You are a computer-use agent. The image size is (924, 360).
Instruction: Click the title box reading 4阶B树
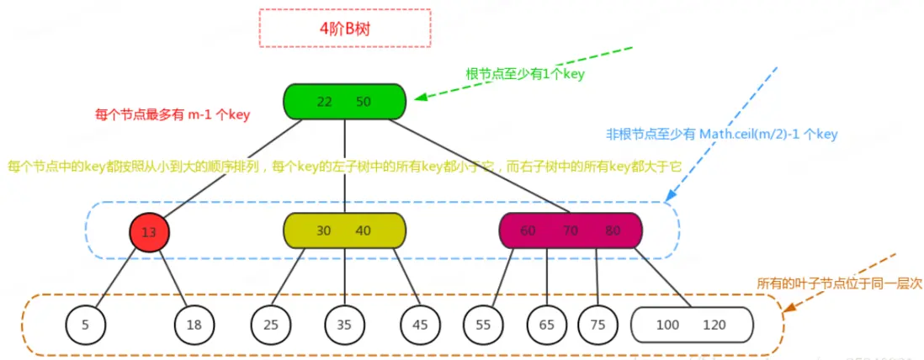(x=345, y=28)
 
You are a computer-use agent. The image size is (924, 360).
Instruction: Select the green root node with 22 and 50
(x=344, y=101)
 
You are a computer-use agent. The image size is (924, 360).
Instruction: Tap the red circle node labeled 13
(x=149, y=232)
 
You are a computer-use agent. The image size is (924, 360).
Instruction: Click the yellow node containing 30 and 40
(x=344, y=230)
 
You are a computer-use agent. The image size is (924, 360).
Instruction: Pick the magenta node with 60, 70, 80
(x=570, y=230)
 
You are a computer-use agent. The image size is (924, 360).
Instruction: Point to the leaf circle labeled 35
(x=345, y=324)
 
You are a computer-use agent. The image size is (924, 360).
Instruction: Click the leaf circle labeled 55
(x=483, y=324)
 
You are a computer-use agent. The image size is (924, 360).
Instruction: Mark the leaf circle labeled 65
(x=546, y=324)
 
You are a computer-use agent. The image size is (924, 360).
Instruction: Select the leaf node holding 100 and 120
(x=691, y=324)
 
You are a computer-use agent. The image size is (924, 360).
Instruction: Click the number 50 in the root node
(x=364, y=102)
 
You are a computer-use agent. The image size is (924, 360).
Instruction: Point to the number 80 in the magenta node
(x=613, y=231)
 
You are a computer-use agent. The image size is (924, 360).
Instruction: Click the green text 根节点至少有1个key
(x=525, y=74)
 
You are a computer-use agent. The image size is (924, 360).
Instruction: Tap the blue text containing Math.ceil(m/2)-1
(x=721, y=134)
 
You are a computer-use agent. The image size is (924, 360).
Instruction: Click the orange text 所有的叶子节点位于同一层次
(x=839, y=284)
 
